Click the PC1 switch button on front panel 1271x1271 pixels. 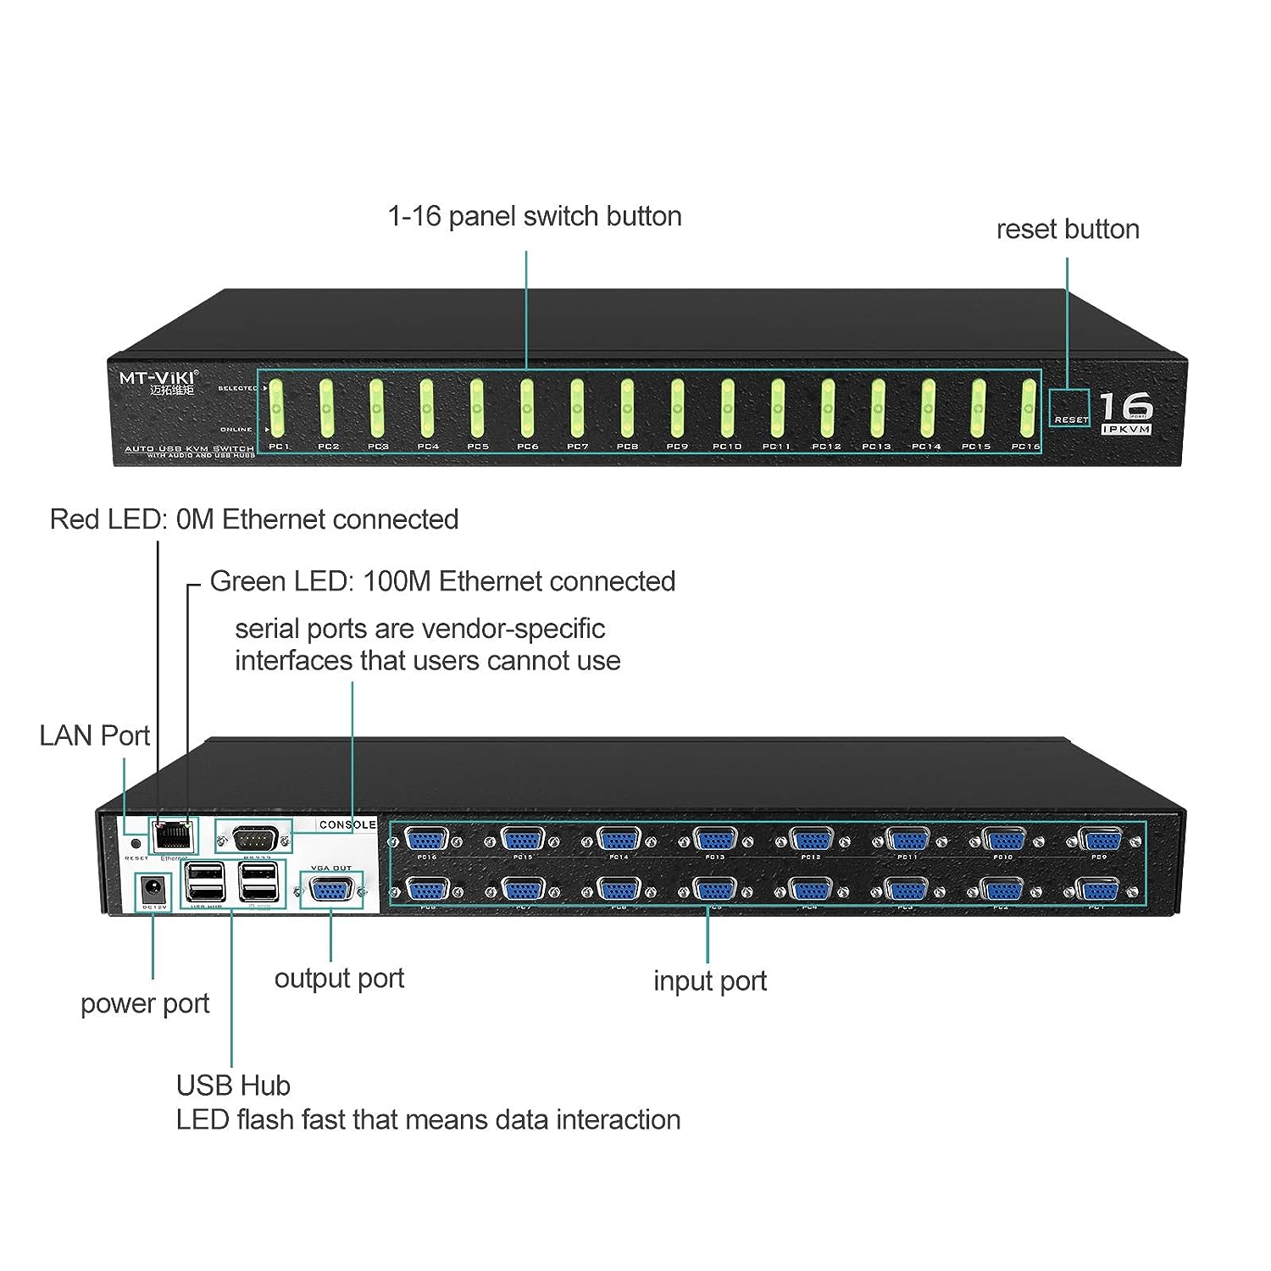[277, 408]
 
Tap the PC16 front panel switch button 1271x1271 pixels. [1028, 408]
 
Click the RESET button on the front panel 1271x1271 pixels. [1069, 408]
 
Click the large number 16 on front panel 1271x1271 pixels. [1125, 408]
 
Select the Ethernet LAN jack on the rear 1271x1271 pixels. [173, 836]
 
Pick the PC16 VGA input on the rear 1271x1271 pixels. [426, 841]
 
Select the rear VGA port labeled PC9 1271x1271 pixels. [1099, 841]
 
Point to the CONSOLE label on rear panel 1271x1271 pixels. [347, 824]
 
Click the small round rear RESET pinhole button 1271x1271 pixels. [135, 844]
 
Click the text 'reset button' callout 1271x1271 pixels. [1068, 229]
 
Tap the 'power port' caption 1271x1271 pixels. [145, 1003]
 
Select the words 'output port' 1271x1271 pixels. [339, 978]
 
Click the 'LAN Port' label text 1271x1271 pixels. [95, 735]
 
